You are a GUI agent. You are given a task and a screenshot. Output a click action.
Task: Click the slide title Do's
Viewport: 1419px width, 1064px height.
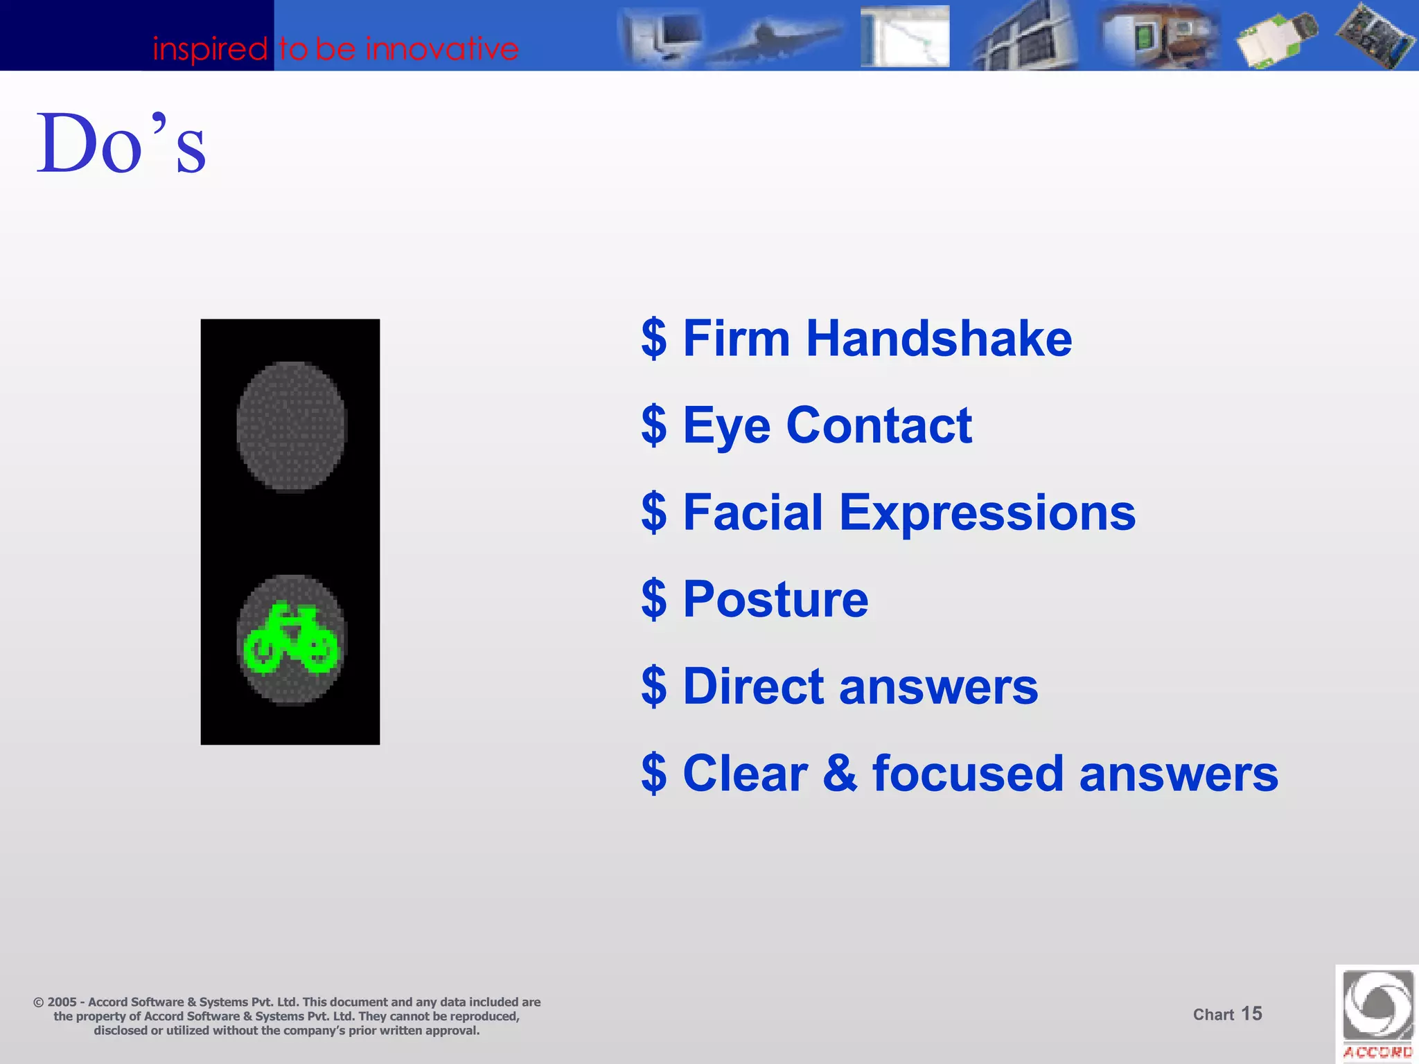tap(121, 143)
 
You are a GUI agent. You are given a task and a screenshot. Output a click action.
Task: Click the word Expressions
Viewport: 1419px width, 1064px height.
tap(987, 513)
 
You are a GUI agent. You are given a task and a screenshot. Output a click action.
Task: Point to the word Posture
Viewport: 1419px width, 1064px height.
tap(775, 599)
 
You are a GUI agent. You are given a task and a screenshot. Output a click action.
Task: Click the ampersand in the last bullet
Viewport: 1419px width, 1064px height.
tap(840, 773)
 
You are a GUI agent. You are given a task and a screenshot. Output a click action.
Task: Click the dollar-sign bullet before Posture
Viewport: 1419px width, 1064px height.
tap(654, 599)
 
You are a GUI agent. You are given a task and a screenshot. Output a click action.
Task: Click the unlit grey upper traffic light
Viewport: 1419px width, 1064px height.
tap(291, 427)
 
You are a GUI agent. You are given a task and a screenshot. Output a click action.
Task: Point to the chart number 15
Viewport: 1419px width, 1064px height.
tap(1251, 1013)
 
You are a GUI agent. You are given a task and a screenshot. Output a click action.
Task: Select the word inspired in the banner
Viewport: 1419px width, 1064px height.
tap(210, 49)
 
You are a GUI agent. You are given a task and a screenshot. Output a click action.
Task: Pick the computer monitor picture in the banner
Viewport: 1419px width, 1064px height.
tap(662, 35)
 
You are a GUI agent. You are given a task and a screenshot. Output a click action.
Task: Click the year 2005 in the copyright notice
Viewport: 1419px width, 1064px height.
tap(62, 1002)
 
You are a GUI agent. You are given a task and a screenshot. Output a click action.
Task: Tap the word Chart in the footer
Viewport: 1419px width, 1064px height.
tap(1213, 1015)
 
